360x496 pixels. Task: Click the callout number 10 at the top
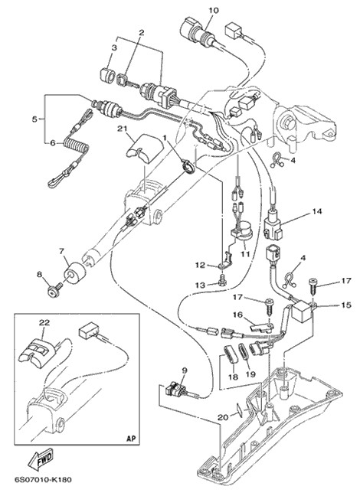214,11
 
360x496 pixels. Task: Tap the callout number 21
122,129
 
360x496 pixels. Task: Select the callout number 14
317,211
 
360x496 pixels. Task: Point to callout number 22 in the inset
44,323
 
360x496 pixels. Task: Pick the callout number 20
223,418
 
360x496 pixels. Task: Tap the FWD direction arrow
41,458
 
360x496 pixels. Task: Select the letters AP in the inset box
130,439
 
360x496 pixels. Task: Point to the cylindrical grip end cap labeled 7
75,272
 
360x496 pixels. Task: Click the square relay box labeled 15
303,310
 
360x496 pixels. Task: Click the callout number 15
346,305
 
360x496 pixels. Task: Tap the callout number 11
245,253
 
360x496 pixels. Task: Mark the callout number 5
34,119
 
